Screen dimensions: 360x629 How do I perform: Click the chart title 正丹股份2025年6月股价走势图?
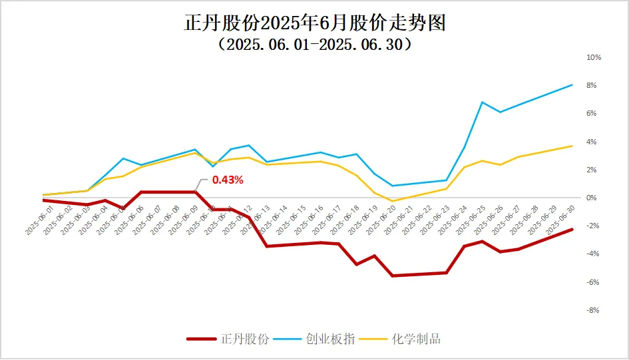(x=314, y=23)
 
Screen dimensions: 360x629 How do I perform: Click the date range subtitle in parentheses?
(x=314, y=45)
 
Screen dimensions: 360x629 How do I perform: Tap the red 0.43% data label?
(x=228, y=180)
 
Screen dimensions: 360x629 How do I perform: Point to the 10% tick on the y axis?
(x=593, y=58)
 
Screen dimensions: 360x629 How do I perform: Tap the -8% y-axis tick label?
(x=594, y=310)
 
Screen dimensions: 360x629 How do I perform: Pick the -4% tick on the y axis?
(x=594, y=254)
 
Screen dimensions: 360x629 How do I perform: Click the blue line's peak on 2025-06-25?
(x=482, y=102)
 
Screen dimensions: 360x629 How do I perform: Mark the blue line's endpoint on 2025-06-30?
(x=572, y=85)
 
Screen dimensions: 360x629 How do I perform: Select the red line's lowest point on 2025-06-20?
(x=392, y=275)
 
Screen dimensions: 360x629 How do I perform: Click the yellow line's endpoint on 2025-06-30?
(x=572, y=146)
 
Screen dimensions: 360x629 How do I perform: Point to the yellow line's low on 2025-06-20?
(x=392, y=201)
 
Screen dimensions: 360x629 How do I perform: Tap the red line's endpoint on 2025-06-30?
(x=572, y=230)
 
